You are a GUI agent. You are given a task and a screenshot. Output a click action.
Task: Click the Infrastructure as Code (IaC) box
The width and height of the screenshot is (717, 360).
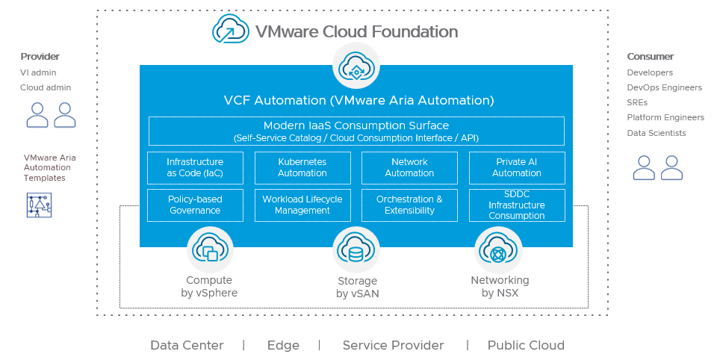coord(195,167)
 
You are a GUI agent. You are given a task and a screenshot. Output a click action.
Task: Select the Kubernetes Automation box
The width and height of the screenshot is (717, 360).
coord(302,167)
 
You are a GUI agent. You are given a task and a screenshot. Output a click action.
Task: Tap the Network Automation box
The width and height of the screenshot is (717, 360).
coord(409,167)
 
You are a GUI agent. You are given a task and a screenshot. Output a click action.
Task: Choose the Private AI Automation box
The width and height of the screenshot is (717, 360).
coord(517,167)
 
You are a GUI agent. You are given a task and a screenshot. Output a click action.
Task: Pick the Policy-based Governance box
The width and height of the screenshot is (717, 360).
coord(195,205)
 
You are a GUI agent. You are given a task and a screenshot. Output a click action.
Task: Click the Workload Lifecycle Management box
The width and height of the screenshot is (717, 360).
coord(302,205)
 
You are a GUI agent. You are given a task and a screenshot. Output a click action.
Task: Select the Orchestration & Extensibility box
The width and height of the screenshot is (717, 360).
coord(409,205)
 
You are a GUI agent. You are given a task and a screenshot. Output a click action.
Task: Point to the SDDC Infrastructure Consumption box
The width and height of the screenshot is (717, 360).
coord(517,205)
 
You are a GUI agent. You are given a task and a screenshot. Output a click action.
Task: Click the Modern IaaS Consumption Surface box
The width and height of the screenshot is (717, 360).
coord(356,131)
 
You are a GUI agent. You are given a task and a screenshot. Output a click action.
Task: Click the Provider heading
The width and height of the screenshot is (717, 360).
coord(40,57)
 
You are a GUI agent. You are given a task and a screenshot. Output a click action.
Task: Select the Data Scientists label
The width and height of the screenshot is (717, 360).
coord(656,133)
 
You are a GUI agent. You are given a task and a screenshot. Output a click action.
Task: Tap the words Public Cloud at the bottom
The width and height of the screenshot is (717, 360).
coord(526,345)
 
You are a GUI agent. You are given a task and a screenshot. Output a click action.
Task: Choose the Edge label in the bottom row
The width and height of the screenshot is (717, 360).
coord(283,345)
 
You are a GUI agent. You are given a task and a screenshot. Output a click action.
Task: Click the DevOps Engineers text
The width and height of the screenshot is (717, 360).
coord(664,87)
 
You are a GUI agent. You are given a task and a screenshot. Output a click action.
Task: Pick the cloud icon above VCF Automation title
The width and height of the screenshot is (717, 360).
coord(356,66)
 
